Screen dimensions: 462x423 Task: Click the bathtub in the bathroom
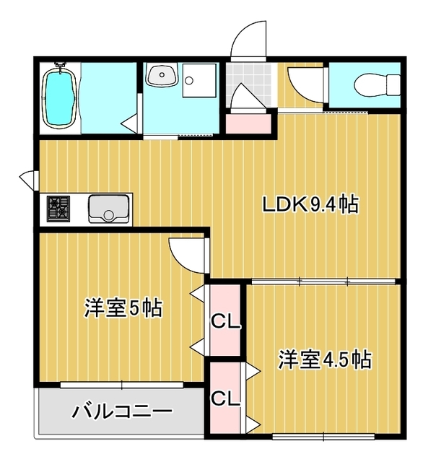tap(59, 97)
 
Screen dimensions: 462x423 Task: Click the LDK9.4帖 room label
tap(310, 205)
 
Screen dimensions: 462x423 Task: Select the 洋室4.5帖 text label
tap(326, 359)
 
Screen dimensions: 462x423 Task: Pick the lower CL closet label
tap(225, 398)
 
